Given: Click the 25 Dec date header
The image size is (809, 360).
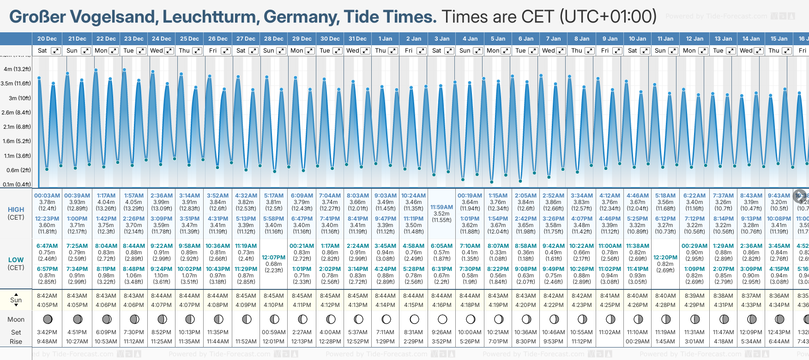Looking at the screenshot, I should pos(189,39).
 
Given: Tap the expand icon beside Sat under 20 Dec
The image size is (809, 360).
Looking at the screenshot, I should pos(55,51).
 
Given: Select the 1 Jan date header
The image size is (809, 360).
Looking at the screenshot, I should pos(385,39).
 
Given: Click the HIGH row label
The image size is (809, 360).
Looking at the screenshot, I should pos(16,210).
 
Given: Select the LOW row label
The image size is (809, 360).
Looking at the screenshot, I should pos(16,260).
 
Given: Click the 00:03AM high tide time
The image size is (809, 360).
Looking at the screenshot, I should pos(47,196).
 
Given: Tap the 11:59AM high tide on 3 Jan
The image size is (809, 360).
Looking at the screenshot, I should pos(441,207).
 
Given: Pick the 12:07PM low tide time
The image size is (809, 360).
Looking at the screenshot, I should pos(274,258).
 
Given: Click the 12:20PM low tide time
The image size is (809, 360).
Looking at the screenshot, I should pos(665,258).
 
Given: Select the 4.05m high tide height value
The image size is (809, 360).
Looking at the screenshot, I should pos(134,202).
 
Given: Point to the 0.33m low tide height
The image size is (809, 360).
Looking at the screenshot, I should pos(498,252).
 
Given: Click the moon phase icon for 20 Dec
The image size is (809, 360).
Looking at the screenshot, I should pos(47,319).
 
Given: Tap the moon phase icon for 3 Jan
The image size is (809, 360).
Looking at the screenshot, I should pos(442,319).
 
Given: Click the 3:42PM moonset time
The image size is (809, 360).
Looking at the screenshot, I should pos(47,332).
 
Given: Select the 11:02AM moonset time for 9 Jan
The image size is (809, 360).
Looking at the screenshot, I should pos(610,332).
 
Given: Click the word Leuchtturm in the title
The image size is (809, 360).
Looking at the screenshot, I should pos(211,17).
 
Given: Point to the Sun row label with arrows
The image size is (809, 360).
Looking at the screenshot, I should pos(16,300).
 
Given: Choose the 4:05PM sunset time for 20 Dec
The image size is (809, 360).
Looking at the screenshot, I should pos(47,305).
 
